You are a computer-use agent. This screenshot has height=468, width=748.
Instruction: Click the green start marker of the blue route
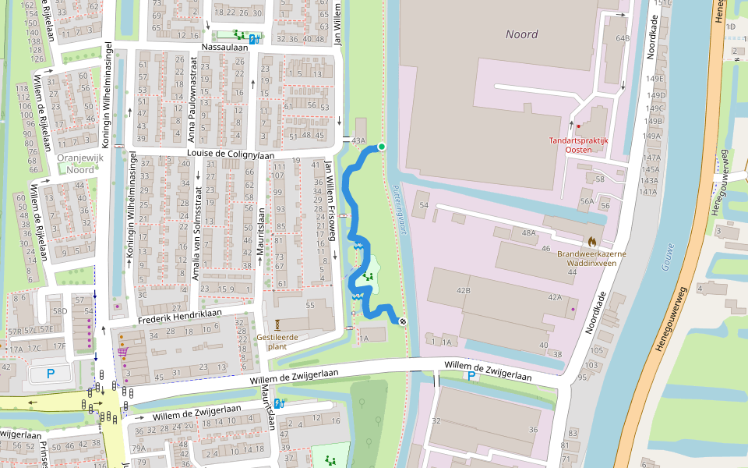click(382, 147)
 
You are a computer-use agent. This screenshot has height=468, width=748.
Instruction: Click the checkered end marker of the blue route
click(404, 321)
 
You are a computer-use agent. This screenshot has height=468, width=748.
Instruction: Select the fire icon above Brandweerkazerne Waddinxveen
click(592, 242)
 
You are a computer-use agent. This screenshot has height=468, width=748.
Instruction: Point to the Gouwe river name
click(668, 257)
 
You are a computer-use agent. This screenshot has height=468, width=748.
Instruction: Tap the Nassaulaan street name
click(224, 47)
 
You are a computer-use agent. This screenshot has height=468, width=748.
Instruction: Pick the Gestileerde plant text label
click(277, 342)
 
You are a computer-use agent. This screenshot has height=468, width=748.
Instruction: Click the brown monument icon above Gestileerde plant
click(277, 324)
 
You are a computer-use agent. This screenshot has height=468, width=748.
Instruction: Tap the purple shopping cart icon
click(122, 352)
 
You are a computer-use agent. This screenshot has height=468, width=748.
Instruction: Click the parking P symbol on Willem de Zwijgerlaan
click(471, 376)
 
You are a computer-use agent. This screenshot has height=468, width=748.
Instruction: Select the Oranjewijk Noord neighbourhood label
click(76, 163)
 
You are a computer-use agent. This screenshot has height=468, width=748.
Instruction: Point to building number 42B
click(464, 290)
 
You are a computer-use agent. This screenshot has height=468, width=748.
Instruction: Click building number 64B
click(622, 38)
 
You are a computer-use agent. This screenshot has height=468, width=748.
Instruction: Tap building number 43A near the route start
click(358, 140)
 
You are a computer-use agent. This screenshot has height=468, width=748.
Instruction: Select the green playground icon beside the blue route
click(367, 275)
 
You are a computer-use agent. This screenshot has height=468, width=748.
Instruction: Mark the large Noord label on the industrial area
click(521, 34)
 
